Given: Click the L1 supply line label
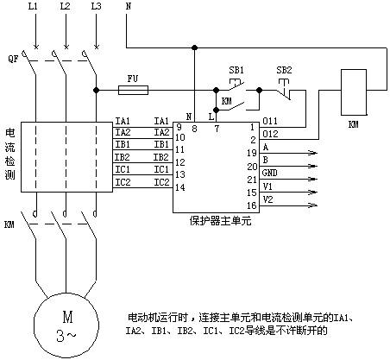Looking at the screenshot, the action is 33,6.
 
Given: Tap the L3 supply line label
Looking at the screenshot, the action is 97,6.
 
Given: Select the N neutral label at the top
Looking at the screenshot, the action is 129,6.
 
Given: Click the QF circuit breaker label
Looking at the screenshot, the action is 13,59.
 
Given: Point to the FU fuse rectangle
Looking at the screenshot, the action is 134,90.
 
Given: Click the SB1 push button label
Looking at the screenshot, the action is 236,70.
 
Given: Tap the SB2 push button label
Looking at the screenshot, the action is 284,70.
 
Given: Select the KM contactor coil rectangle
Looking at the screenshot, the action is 354,92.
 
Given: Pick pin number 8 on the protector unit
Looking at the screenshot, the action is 194,129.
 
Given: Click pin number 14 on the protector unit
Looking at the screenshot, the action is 180,187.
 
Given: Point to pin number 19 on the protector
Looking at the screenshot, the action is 252,153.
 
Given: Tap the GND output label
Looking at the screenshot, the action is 270,173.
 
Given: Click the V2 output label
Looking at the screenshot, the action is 268,199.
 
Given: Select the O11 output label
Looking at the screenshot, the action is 270,121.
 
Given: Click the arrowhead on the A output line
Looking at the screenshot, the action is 313,153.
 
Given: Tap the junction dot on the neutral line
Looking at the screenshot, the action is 195,47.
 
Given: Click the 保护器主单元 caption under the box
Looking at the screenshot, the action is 220,221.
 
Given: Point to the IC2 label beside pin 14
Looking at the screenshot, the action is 161,182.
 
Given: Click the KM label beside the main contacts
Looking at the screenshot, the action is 9,224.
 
